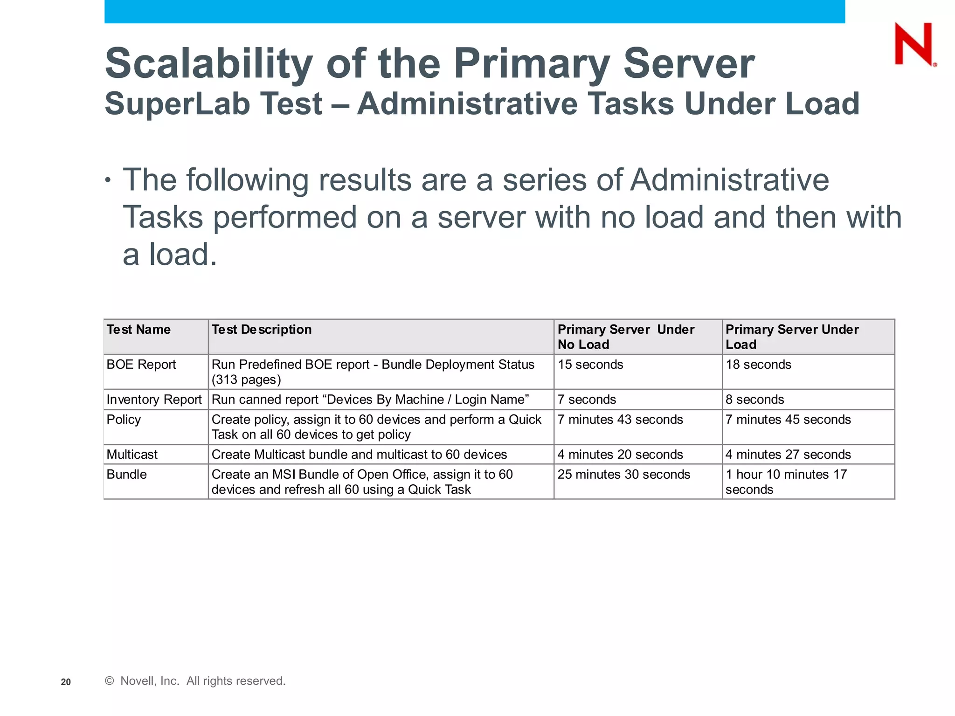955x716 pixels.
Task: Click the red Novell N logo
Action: [913, 44]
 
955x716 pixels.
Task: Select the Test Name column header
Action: [138, 330]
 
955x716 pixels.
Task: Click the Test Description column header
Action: [262, 330]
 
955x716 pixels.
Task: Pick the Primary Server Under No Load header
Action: [626, 337]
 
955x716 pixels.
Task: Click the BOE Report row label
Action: [141, 365]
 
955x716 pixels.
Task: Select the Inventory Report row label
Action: [154, 399]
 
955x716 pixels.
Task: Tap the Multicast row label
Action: [132, 454]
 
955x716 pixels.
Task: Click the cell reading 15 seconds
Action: [590, 365]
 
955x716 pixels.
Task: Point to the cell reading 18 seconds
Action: [758, 365]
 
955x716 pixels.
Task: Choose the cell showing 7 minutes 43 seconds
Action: [620, 420]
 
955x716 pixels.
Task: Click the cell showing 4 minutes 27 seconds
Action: [788, 454]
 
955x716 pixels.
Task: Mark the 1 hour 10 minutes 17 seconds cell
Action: [786, 482]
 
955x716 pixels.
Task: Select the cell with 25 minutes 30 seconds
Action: [623, 475]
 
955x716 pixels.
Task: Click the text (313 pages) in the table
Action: [246, 380]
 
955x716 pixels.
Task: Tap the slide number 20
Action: [66, 682]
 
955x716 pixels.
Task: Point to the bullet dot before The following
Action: [108, 180]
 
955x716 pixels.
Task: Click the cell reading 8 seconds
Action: [754, 399]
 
